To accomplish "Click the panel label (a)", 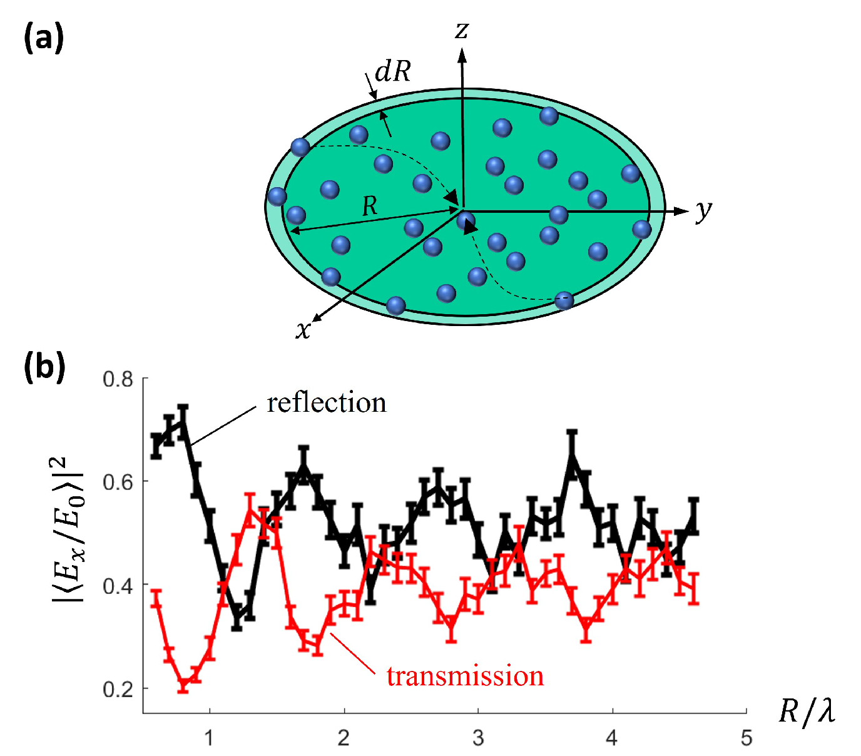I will [x=44, y=38].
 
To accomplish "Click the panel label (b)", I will [x=44, y=367].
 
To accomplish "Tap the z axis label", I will [x=462, y=29].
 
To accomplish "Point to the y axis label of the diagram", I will [x=704, y=211].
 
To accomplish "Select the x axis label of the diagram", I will [x=303, y=329].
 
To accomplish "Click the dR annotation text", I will [x=392, y=72].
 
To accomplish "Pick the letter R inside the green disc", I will [x=370, y=205].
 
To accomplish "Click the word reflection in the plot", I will [x=326, y=402].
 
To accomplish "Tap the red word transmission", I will [x=465, y=677].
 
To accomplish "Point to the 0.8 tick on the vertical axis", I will [x=118, y=379].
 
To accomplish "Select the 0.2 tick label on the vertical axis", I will [x=118, y=689].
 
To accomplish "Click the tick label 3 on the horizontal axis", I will [x=478, y=738].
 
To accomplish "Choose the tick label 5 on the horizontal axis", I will [x=746, y=738].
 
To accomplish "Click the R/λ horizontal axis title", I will [x=807, y=711].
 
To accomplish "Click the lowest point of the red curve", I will [x=183, y=685].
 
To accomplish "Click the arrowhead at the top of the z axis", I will [x=462, y=56].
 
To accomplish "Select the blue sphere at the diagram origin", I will [x=466, y=220].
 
